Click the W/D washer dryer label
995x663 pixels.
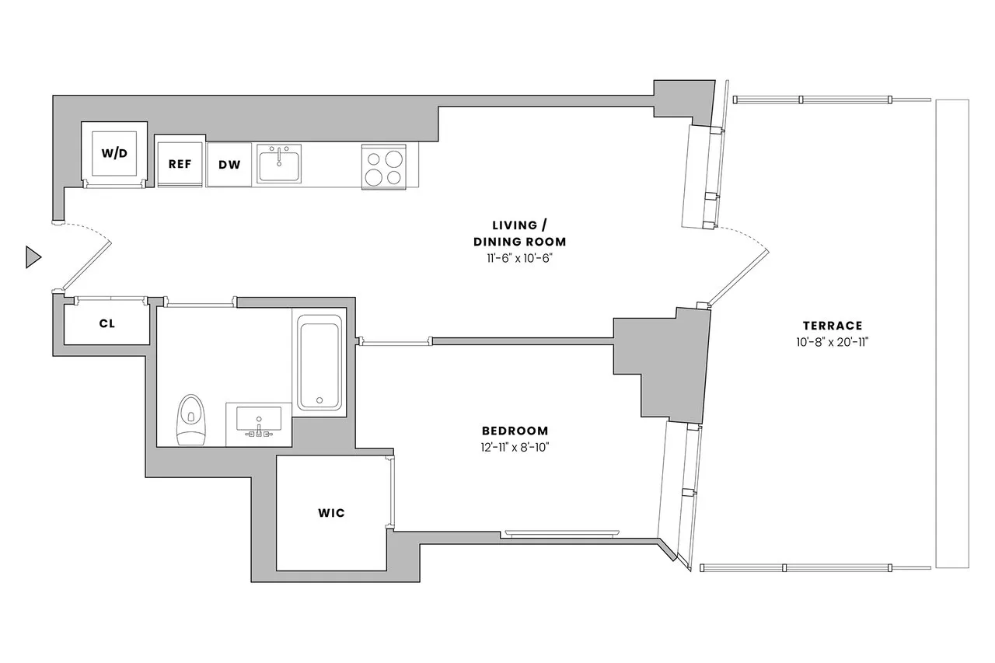(x=113, y=152)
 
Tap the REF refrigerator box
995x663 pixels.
(x=180, y=164)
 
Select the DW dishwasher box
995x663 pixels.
(x=229, y=164)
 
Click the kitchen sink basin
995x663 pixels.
(x=279, y=164)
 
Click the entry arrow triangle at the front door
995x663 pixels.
(x=33, y=256)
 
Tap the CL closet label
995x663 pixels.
(x=106, y=323)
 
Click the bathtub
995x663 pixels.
(x=319, y=362)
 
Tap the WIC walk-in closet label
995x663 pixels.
(x=331, y=513)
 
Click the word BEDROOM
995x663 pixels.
(x=515, y=431)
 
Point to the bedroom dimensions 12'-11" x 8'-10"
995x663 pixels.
(x=515, y=447)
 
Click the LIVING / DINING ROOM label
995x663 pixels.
(x=519, y=233)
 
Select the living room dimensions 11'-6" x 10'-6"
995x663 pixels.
(x=519, y=257)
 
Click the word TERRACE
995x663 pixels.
(x=833, y=326)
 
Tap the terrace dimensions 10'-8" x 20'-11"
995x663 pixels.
(x=833, y=342)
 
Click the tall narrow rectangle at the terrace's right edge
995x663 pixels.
(x=952, y=333)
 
